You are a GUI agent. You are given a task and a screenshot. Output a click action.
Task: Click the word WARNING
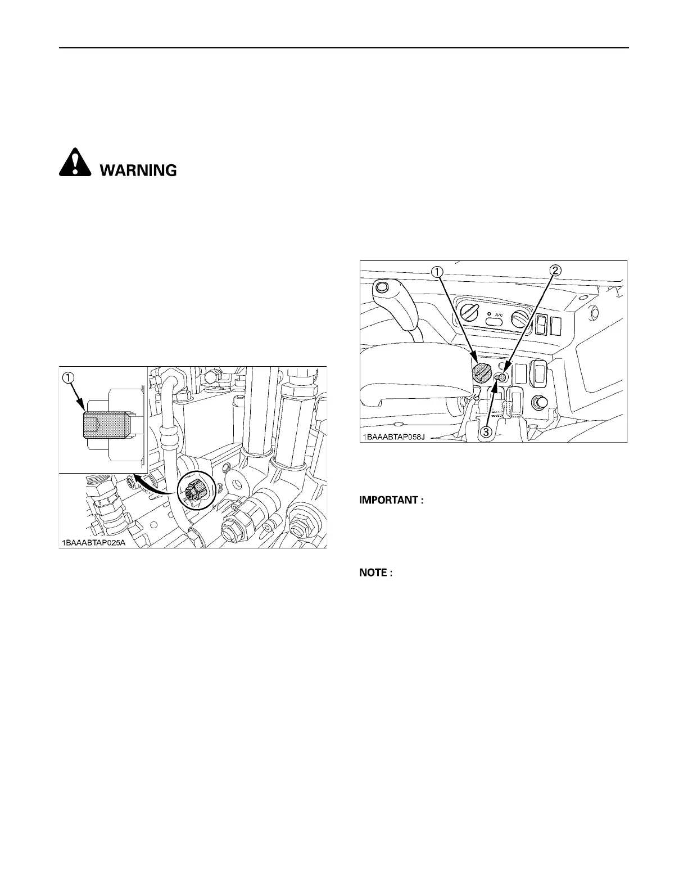click(x=138, y=170)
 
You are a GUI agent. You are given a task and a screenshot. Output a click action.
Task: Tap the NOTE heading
click(x=375, y=573)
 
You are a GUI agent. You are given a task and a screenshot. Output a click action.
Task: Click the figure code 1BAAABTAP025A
click(x=93, y=543)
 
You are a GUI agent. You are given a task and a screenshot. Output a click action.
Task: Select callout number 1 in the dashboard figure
click(x=436, y=271)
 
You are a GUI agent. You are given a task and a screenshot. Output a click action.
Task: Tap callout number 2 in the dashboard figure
click(x=555, y=271)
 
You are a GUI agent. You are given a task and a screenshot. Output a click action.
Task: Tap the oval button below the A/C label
click(x=495, y=322)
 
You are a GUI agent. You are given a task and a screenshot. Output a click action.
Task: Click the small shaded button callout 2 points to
click(x=504, y=378)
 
